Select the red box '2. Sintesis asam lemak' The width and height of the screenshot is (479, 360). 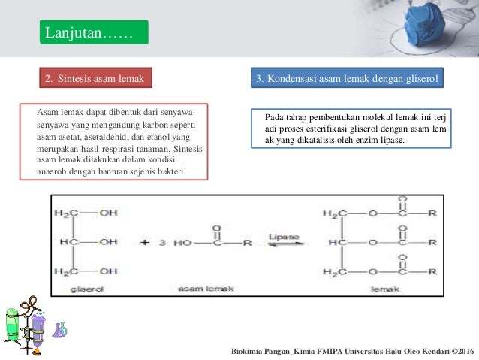[95, 77]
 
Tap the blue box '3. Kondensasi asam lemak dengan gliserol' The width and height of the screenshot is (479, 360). [345, 77]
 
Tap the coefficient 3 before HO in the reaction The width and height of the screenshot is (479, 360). [162, 242]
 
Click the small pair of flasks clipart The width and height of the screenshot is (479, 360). [60, 329]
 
